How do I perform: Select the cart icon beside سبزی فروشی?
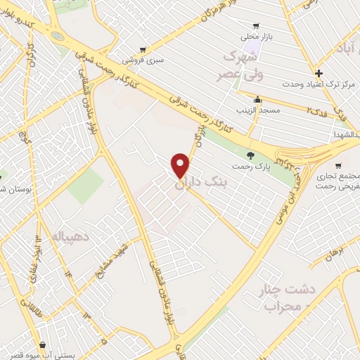(x=143, y=50)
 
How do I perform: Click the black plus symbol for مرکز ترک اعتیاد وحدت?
(x=319, y=73)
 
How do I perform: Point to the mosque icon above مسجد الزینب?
(x=258, y=99)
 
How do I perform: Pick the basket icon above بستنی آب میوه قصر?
(x=44, y=345)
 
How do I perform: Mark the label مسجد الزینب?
(x=258, y=110)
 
